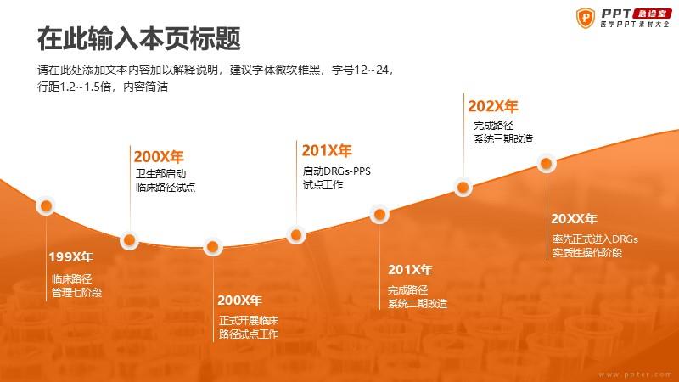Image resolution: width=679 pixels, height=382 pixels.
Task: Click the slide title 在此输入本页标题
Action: (x=138, y=38)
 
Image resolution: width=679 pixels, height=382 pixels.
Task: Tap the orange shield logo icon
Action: (x=586, y=18)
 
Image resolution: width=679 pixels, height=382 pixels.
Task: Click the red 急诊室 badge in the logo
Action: (x=652, y=14)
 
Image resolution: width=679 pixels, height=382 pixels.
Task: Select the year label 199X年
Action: (x=71, y=257)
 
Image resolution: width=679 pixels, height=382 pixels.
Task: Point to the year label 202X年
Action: (x=493, y=106)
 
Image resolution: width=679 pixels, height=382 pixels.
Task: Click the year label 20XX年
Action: (x=574, y=219)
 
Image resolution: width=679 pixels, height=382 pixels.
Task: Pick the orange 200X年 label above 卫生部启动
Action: (x=159, y=156)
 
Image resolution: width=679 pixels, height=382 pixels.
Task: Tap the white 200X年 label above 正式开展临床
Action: (x=239, y=301)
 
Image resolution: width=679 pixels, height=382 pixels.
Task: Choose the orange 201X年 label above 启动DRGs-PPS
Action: (x=327, y=151)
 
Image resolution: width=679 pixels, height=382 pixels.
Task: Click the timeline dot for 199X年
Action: (x=46, y=206)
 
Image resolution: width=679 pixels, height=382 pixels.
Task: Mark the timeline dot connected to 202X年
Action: (x=463, y=188)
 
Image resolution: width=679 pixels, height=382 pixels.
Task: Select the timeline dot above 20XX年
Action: (x=547, y=164)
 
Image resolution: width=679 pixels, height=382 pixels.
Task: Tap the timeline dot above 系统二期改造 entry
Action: (x=379, y=215)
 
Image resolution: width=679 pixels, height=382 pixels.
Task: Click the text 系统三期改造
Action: (x=503, y=139)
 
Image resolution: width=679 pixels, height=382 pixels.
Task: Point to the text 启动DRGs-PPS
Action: (x=336, y=171)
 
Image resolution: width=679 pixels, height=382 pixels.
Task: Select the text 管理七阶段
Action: (x=76, y=292)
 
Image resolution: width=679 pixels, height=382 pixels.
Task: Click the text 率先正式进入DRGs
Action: (x=595, y=239)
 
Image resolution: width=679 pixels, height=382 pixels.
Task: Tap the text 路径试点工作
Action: (x=249, y=334)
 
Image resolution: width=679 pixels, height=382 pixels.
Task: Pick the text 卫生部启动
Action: (x=160, y=174)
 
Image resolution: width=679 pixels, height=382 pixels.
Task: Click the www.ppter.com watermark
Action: (x=635, y=374)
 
